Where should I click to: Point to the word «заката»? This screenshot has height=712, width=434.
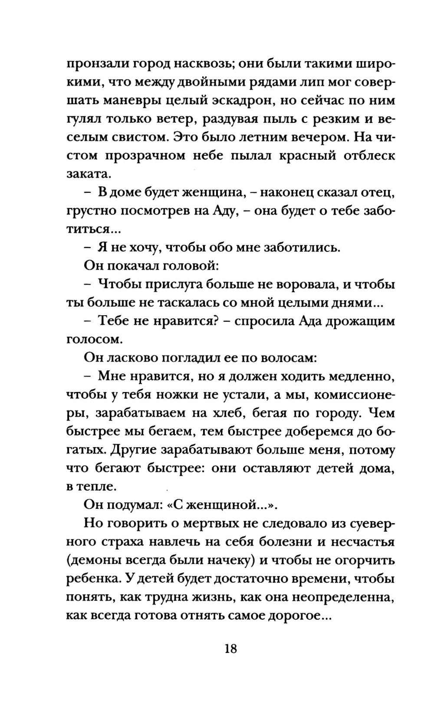point(86,174)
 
